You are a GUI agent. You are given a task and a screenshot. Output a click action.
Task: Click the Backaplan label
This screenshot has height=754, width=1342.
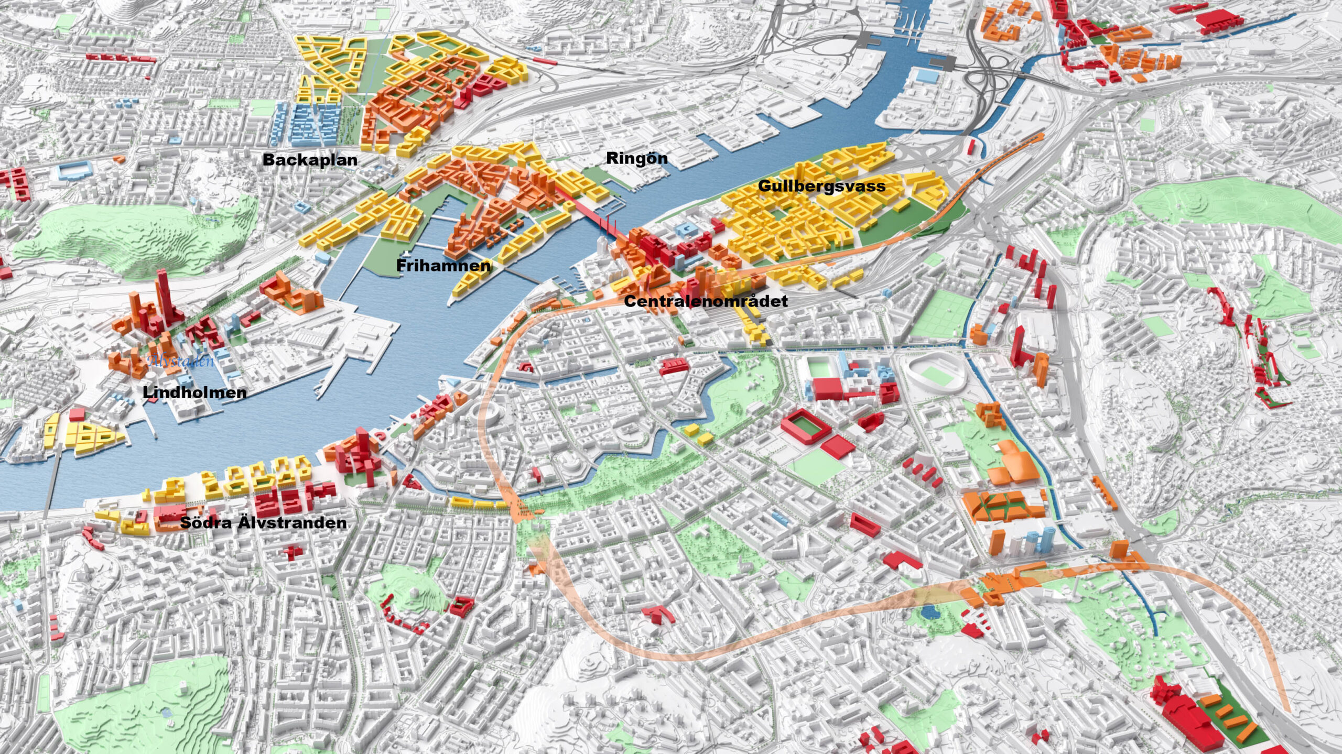pyautogui.click(x=310, y=160)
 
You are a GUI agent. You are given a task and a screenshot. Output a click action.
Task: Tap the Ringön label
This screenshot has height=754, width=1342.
pyautogui.click(x=636, y=158)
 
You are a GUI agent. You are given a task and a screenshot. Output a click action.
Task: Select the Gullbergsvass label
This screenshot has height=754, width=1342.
pyautogui.click(x=821, y=186)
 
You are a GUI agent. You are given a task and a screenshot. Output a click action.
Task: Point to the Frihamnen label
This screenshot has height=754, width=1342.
pyautogui.click(x=443, y=266)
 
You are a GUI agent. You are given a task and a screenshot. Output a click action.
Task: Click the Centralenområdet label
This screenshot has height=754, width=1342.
pyautogui.click(x=706, y=301)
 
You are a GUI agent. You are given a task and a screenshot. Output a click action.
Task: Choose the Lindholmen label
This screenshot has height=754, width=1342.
pyautogui.click(x=194, y=392)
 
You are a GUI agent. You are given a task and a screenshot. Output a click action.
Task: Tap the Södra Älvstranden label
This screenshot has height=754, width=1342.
pyautogui.click(x=263, y=523)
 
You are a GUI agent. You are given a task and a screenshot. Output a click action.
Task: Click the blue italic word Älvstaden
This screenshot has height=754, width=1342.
pyautogui.click(x=181, y=360)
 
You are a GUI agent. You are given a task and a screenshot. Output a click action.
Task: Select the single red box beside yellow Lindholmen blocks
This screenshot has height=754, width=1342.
pyautogui.click(x=77, y=414)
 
